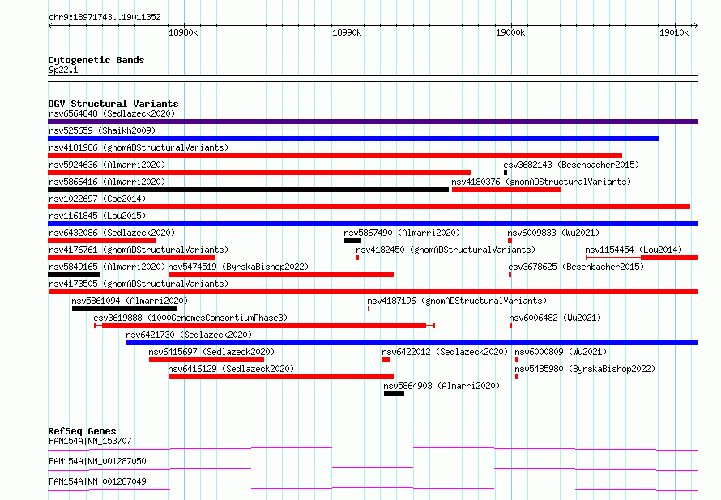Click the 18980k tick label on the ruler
pos(183,32)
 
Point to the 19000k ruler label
pos(510,32)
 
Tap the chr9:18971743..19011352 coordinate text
pos(105,18)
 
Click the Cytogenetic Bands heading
pos(96,60)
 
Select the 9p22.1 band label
pos(63,70)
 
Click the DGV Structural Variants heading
pos(113,104)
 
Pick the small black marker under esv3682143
pos(506,173)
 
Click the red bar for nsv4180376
pos(506,190)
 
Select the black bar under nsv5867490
pos(352,241)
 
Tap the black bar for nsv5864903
pos(394,394)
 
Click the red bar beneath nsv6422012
pos(386,360)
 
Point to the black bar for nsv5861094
pos(125,309)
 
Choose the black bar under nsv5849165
pos(74,275)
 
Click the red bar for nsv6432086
pos(102,241)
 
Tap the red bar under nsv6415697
pos(207,360)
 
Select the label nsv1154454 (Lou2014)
pos(634,250)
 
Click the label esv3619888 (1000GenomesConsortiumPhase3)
pos(190,318)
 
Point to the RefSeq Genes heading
pos(82,431)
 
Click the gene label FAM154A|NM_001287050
pos(97,461)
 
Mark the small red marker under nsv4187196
pos(369,309)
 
